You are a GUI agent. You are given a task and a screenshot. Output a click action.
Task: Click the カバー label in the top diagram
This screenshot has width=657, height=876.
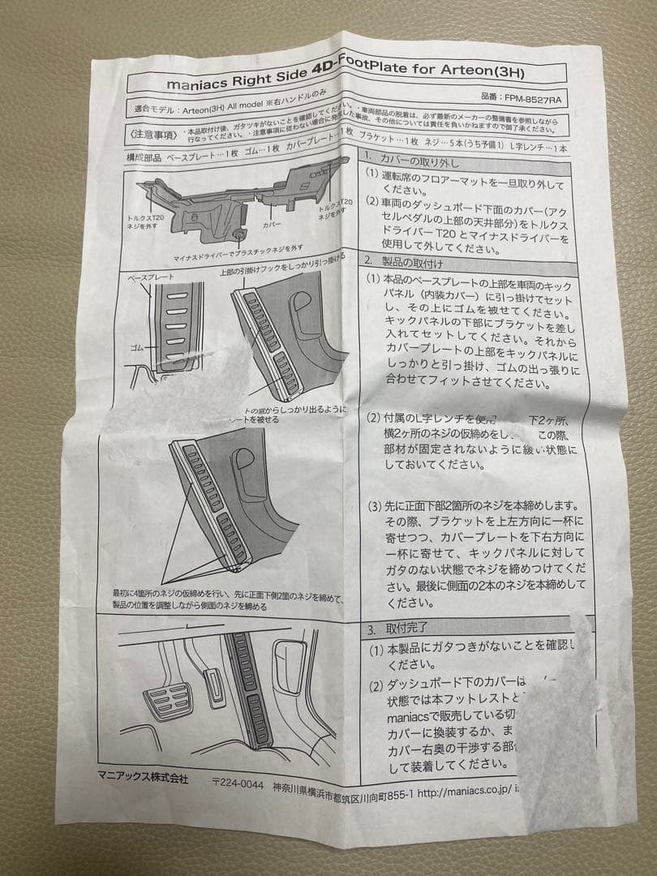pos(271,221)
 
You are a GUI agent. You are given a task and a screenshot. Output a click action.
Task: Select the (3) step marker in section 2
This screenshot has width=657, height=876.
pos(373,506)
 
